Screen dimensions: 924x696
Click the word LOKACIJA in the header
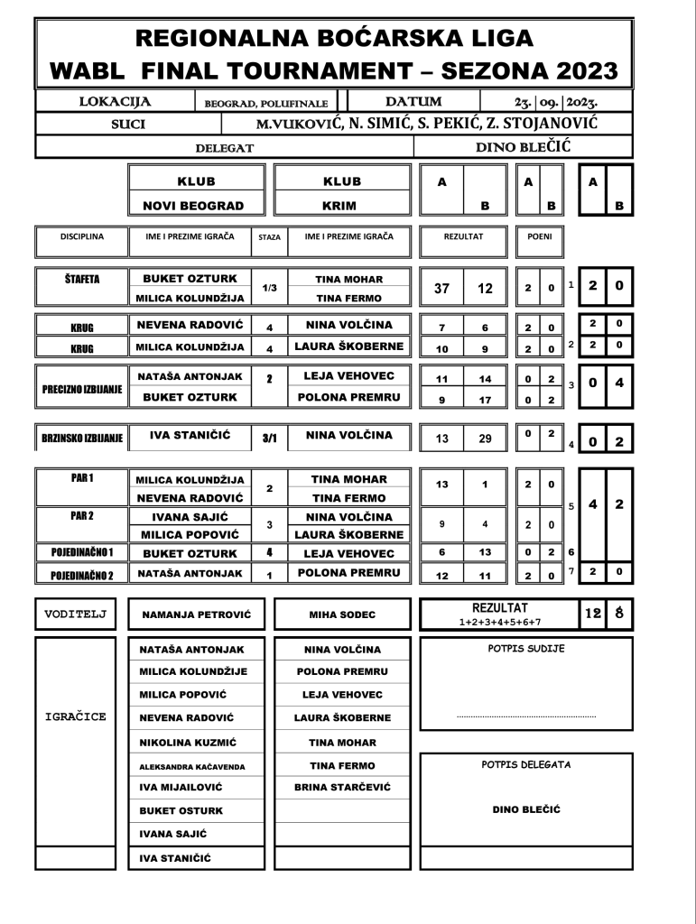pos(115,102)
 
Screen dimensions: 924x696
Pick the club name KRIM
pos(341,205)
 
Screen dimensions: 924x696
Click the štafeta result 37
pos(441,290)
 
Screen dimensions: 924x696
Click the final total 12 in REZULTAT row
pos(589,614)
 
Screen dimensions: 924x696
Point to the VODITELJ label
pos(76,614)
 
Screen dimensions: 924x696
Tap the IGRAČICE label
pos(76,717)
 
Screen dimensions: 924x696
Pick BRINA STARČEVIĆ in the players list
pos(342,787)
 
